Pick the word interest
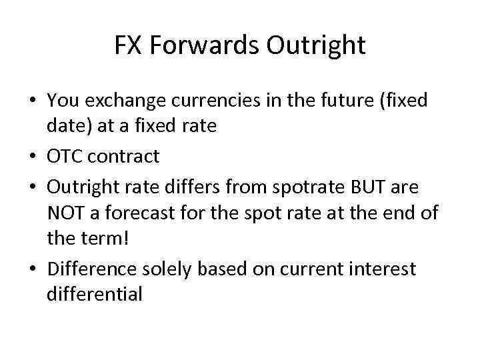[384, 269]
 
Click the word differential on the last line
[95, 293]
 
